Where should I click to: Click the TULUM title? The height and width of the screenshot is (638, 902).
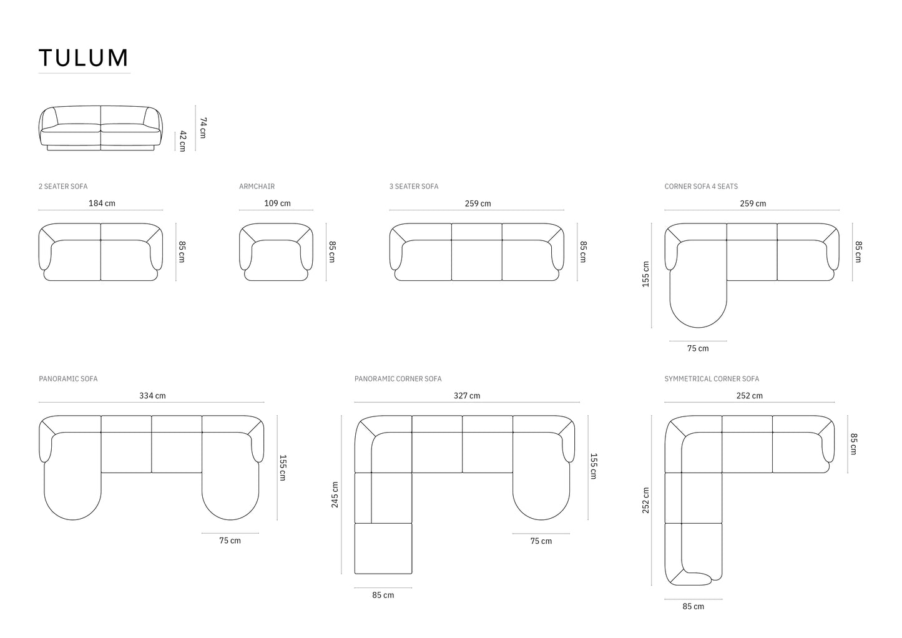tap(84, 58)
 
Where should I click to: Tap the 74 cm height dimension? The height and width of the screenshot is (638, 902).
tap(202, 127)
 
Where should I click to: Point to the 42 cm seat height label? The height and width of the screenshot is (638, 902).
tap(182, 141)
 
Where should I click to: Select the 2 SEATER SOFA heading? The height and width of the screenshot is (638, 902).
tap(63, 187)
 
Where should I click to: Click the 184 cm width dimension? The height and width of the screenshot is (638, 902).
tap(102, 204)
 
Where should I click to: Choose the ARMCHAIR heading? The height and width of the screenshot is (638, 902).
tap(257, 187)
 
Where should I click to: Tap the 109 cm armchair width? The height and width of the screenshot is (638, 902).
tap(277, 204)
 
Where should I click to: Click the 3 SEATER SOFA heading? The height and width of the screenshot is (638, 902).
tap(414, 187)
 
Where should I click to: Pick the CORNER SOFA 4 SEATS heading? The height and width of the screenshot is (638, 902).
tap(701, 187)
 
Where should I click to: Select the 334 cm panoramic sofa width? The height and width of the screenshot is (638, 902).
tap(152, 396)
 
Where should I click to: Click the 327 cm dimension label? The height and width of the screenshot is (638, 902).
tap(467, 396)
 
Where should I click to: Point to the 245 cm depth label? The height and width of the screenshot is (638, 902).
tap(335, 494)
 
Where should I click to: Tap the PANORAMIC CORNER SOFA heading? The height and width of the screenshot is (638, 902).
tap(398, 379)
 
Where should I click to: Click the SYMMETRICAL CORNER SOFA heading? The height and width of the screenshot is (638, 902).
tap(712, 379)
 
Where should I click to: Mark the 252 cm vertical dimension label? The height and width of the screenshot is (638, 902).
tap(646, 500)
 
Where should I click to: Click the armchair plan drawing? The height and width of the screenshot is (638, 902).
tap(277, 252)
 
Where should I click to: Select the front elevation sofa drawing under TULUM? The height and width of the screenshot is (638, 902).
tap(100, 128)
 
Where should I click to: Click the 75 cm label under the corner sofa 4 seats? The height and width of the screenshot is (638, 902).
tap(698, 348)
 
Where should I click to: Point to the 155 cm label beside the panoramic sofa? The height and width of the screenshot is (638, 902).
tap(282, 468)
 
